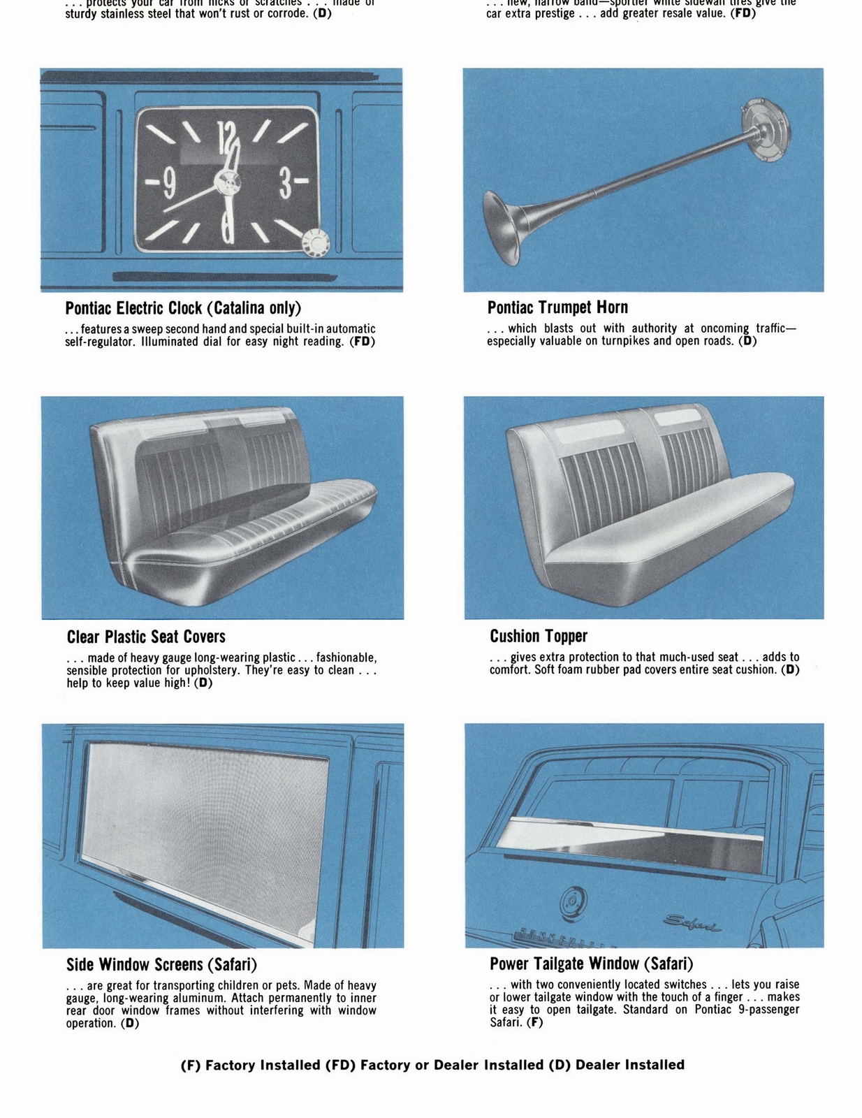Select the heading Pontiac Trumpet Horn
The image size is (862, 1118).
[557, 307]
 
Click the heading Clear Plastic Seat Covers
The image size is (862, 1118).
[146, 637]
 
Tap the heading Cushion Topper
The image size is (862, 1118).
[538, 636]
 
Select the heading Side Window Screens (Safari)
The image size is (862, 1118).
[161, 965]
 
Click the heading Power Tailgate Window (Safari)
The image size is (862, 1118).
[591, 964]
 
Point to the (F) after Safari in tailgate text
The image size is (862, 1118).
[534, 1022]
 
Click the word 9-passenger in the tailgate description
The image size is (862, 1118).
[768, 1010]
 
